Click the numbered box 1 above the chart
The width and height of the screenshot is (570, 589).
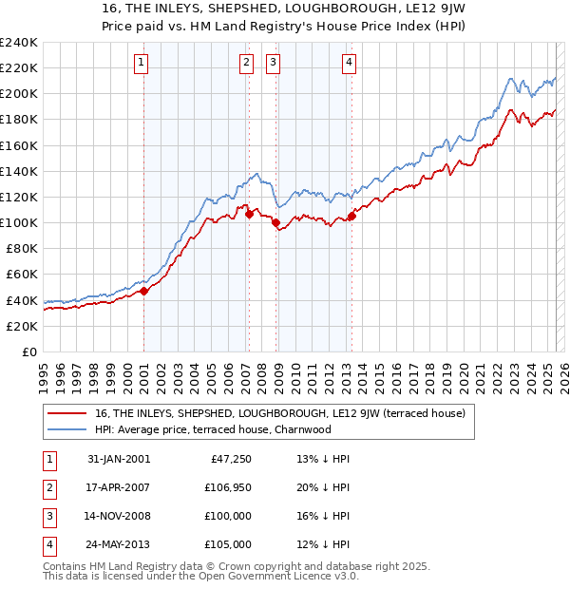coord(141,64)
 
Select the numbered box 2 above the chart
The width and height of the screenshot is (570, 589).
coord(246,64)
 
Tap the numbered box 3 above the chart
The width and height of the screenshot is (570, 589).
coord(273,64)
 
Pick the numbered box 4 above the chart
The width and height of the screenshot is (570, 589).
coord(349,64)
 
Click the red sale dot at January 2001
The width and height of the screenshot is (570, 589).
coord(144,292)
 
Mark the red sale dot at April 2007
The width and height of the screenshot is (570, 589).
coord(249,215)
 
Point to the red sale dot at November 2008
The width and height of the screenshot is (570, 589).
coord(276,223)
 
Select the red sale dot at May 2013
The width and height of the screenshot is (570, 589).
coord(351,217)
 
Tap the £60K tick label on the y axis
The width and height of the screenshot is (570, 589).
coord(21,275)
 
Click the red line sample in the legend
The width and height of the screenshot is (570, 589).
coord(66,414)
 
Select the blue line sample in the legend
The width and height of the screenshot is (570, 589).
coord(66,429)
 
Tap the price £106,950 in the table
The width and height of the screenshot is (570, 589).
coord(229,487)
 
